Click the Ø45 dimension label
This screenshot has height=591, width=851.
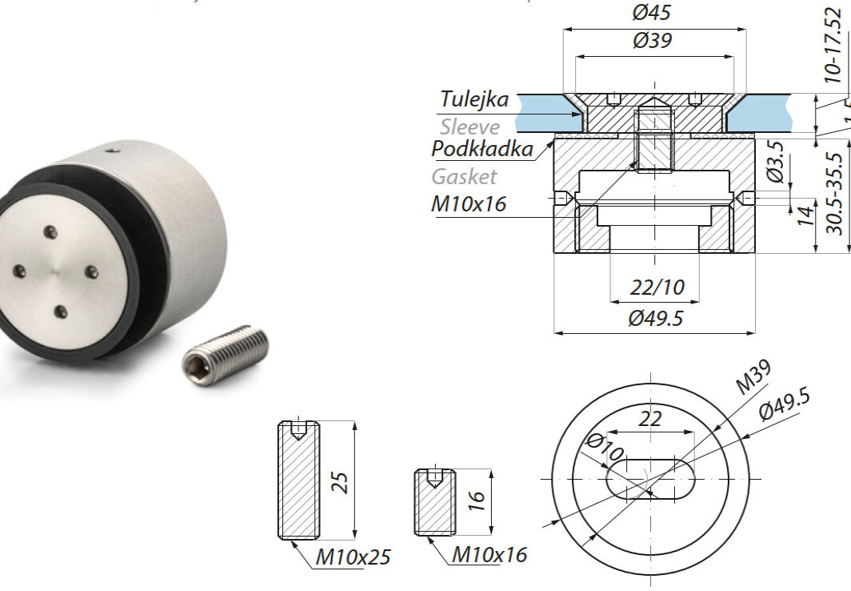tap(652, 13)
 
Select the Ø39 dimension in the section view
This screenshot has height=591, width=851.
tap(652, 42)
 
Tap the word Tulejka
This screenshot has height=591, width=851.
tap(474, 99)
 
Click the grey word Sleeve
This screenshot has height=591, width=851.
tap(469, 127)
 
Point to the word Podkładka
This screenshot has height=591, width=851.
tap(482, 149)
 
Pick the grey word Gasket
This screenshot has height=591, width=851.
tap(464, 176)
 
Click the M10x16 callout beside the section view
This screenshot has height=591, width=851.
tap(469, 204)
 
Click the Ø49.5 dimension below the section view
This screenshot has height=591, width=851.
tap(655, 318)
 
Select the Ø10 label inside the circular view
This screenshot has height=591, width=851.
tap(605, 448)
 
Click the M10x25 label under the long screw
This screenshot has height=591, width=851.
tap(353, 557)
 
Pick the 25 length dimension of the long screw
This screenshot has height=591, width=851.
tap(341, 480)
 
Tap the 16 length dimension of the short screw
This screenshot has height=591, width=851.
tap(476, 501)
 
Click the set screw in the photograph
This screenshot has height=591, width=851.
tap(226, 356)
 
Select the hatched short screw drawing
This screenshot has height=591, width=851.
tap(434, 502)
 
